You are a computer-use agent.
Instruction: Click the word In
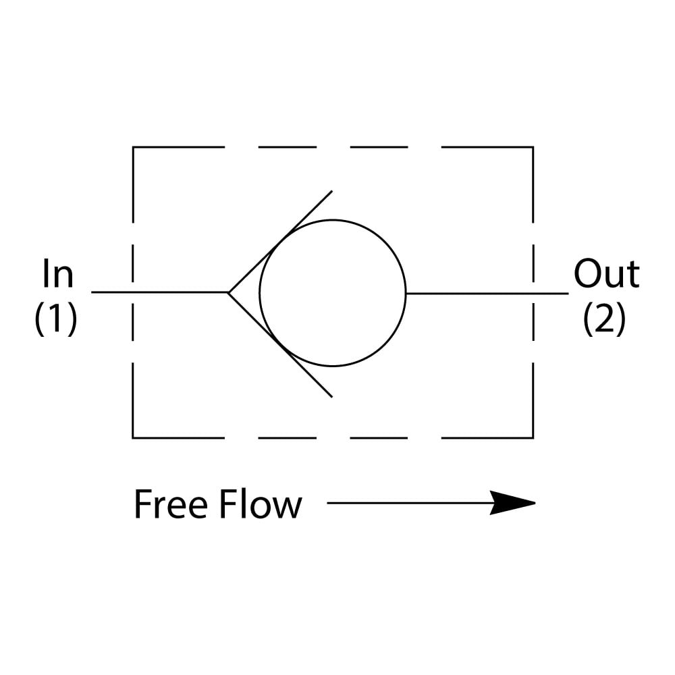(57, 275)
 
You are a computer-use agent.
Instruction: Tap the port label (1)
(56, 319)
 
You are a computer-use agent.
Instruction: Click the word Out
(606, 275)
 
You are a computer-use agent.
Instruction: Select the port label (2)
(604, 319)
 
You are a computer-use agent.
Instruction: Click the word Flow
(260, 505)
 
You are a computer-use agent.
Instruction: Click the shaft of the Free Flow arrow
(405, 503)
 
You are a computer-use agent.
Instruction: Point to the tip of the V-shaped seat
(229, 292)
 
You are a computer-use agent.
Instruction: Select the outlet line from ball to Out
(486, 293)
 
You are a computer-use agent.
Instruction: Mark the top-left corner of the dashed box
(133, 147)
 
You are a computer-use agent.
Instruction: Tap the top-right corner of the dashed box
(533, 147)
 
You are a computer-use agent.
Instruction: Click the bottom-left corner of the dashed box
(133, 437)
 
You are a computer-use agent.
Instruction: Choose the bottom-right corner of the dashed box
(533, 437)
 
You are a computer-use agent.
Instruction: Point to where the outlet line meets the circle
(406, 293)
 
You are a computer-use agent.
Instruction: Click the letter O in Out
(588, 275)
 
